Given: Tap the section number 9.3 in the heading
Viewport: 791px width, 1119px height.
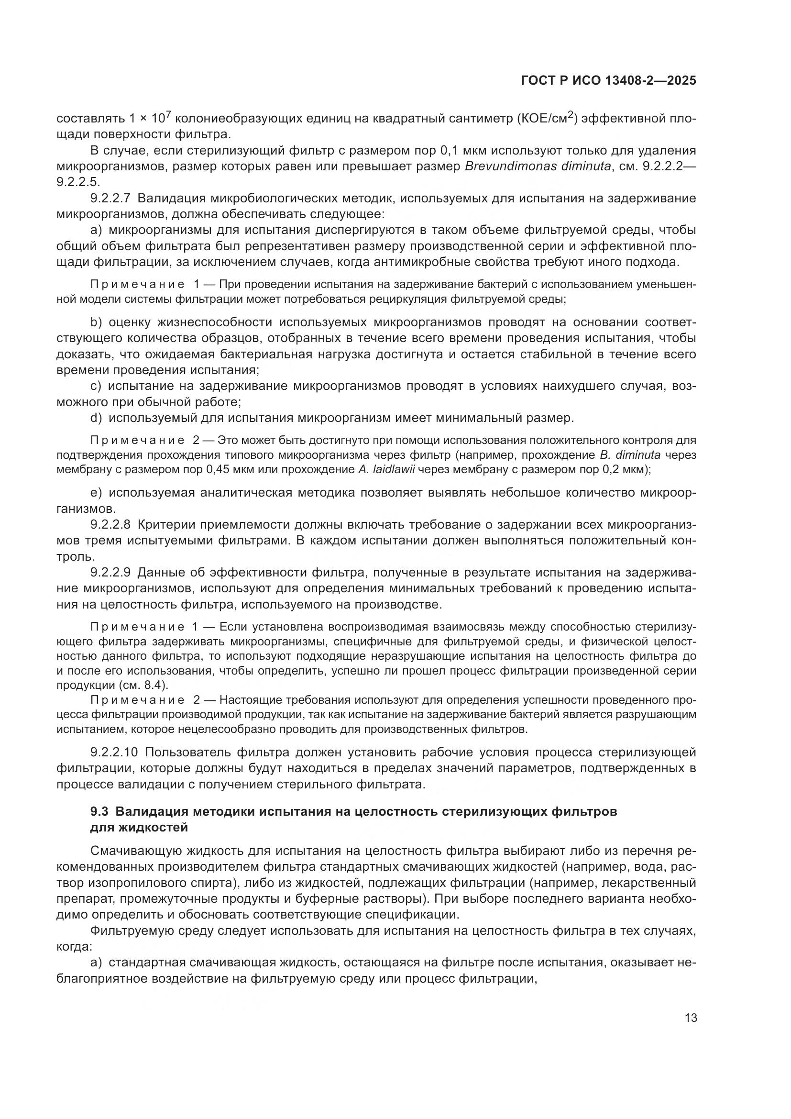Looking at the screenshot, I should point(100,812).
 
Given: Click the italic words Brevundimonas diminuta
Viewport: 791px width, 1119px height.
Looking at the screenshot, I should point(538,166).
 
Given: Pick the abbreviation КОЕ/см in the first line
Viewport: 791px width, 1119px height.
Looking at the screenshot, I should point(544,119).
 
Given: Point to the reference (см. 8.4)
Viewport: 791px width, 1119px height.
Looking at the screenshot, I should point(143,685).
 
